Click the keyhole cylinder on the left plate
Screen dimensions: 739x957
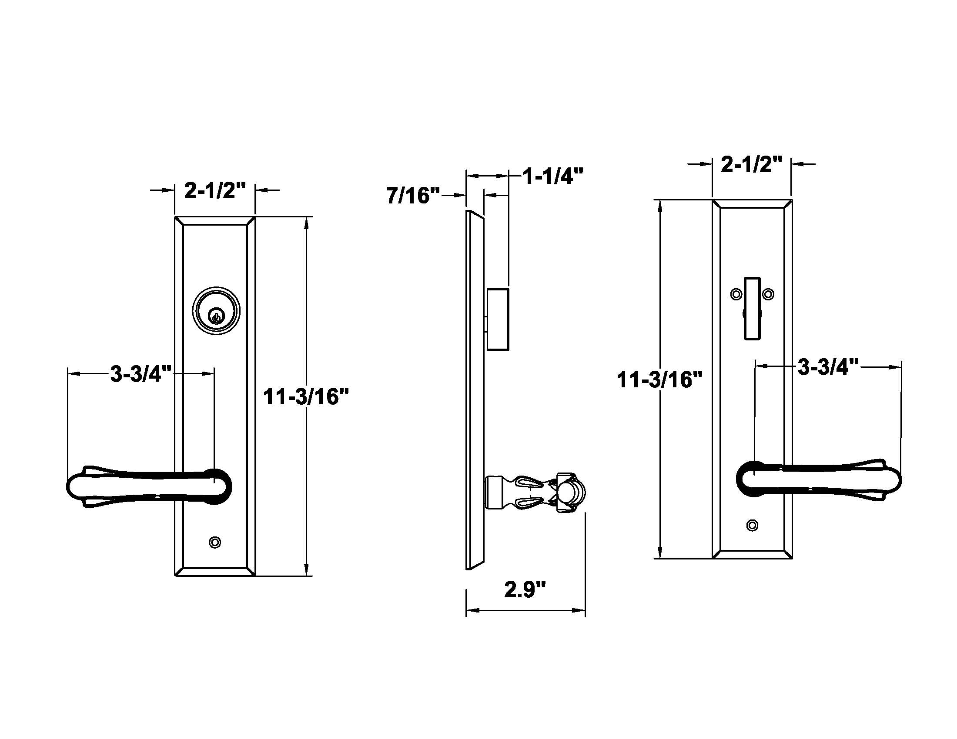click(x=216, y=311)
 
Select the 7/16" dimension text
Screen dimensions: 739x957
click(x=412, y=196)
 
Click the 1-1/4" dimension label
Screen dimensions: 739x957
click(x=553, y=176)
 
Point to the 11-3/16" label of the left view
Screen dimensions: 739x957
click(x=305, y=397)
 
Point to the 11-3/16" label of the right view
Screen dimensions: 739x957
click(x=659, y=379)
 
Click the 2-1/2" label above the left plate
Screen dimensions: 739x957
click(x=215, y=190)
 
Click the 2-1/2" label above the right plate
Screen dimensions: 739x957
click(x=751, y=165)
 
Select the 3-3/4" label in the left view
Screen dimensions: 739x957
click(x=140, y=374)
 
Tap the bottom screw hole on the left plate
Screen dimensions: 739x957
click(x=215, y=543)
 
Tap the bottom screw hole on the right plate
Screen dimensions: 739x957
click(x=752, y=525)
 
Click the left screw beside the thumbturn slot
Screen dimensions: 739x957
click(x=736, y=294)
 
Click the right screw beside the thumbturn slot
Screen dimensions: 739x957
click(x=768, y=294)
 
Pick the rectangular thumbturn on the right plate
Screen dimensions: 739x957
click(x=752, y=308)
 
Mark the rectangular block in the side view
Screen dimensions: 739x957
click(x=498, y=319)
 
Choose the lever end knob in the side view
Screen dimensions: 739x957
click(x=571, y=493)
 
